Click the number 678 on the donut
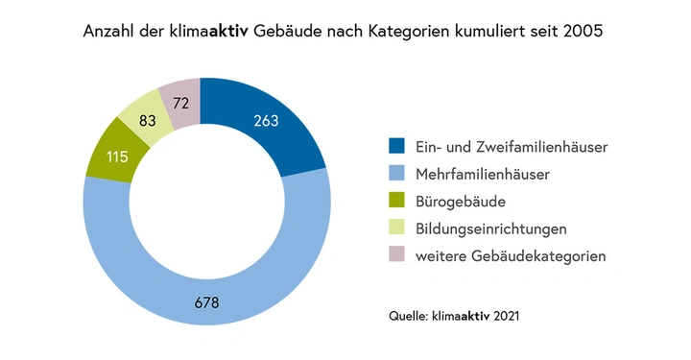click(205, 303)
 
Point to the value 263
click(268, 121)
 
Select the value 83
click(147, 122)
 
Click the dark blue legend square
click(396, 147)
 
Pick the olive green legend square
click(396, 202)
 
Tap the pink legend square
click(396, 256)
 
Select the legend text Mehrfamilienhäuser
click(478, 175)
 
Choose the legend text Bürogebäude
click(461, 203)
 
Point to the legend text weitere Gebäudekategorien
click(511, 257)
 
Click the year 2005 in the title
click(582, 32)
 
